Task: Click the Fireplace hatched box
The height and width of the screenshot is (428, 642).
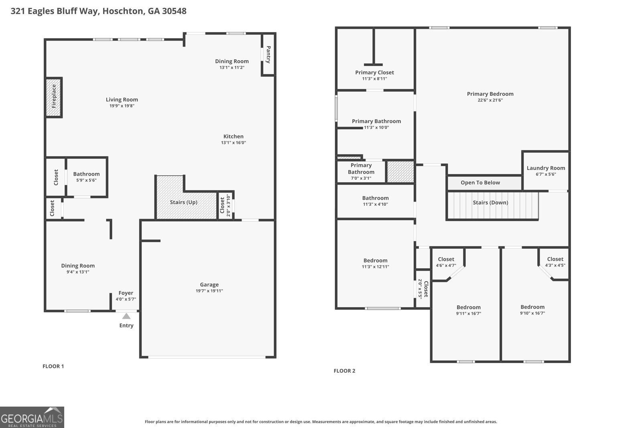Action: pos(54,97)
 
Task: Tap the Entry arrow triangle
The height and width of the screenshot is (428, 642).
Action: pos(126,316)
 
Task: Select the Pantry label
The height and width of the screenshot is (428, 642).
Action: pos(268,55)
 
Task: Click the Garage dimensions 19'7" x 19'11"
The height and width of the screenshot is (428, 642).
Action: pos(209,291)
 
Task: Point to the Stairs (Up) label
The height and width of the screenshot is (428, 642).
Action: pos(184,202)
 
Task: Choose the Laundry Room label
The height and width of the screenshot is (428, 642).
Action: pos(546,168)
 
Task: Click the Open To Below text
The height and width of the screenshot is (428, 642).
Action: pos(480,183)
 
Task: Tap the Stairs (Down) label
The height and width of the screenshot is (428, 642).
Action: pos(490,203)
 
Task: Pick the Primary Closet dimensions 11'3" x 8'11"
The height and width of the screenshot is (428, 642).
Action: pos(375,79)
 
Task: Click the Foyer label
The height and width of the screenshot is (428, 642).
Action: pos(126,293)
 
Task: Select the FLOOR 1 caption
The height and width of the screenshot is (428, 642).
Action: pos(53,366)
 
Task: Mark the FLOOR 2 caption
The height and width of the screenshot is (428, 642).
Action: pos(345,371)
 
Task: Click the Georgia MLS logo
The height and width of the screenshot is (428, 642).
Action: pos(32,417)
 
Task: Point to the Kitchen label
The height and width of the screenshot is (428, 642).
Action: pos(233,136)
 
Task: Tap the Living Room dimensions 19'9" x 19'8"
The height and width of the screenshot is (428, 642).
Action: pos(122,106)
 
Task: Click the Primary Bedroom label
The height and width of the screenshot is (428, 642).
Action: pos(490,94)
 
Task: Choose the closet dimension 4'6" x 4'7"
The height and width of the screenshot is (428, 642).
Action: pos(446,266)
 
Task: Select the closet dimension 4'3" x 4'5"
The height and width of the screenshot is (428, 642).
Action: pos(555,265)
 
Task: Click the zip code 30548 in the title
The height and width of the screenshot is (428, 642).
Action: pos(174,11)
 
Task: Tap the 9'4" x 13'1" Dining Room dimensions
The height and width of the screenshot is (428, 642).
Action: pos(78,272)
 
